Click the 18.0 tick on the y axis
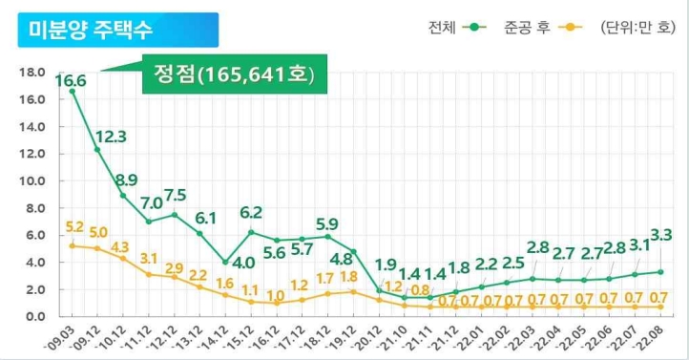(34, 73)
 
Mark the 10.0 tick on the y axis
(34, 180)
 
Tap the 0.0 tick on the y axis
(34, 316)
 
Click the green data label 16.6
(70, 81)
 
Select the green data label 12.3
(111, 137)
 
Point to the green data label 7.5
(175, 195)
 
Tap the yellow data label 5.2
(73, 227)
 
